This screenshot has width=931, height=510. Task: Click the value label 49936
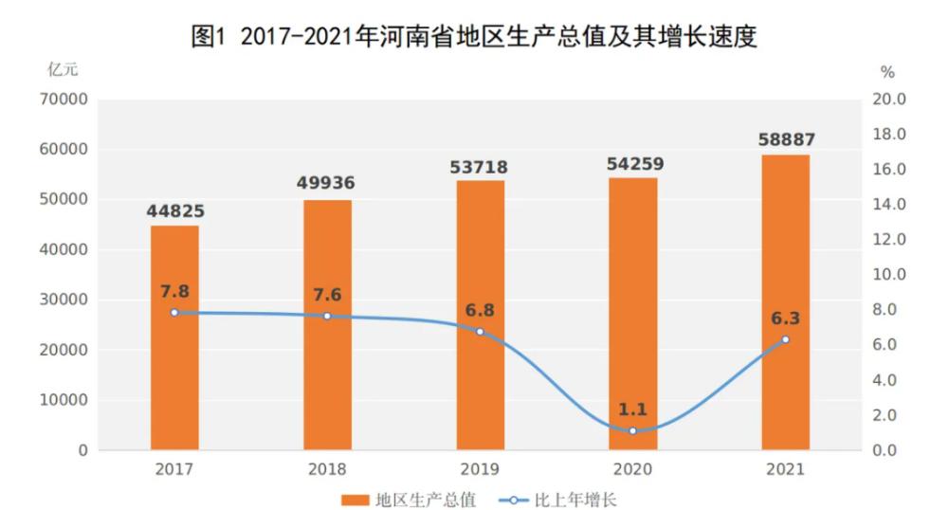coord(327,183)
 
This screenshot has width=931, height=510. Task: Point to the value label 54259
coord(632,163)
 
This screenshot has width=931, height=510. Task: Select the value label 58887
coord(786,139)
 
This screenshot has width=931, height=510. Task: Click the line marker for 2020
coord(632,430)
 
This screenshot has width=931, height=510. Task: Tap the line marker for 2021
coord(785,339)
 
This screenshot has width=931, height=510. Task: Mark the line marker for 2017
coord(174,313)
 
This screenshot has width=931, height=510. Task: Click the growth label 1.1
coord(632,410)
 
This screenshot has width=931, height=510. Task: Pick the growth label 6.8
coord(480,310)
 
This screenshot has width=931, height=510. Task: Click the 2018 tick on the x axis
coord(327,469)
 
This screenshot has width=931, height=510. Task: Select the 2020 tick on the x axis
coord(632,469)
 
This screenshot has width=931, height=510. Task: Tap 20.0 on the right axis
coord(889,100)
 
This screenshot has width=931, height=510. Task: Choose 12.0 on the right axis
coord(889,240)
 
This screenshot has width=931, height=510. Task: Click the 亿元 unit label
coord(64,69)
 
